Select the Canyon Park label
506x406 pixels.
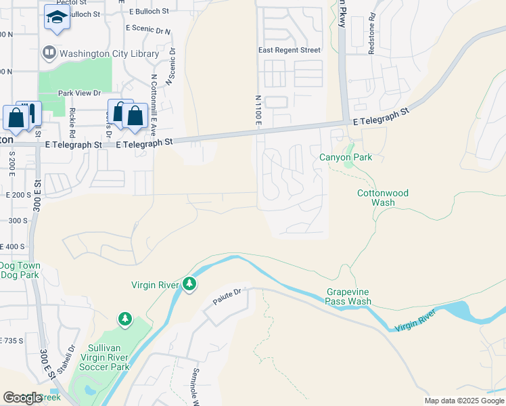[346, 158]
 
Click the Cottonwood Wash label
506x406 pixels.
[383, 198]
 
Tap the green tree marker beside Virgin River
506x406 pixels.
[190, 285]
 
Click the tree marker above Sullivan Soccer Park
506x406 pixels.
[124, 318]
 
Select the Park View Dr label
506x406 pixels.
[79, 93]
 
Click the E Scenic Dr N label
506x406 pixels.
[149, 30]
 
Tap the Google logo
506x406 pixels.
[22, 397]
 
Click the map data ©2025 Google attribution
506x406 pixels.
[464, 401]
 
